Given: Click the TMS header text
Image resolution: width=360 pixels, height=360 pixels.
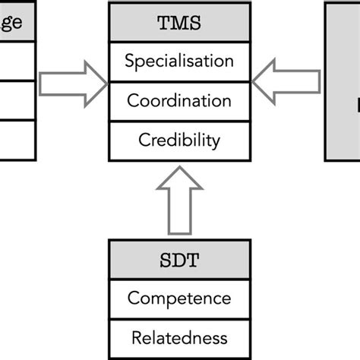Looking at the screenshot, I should coord(179,22).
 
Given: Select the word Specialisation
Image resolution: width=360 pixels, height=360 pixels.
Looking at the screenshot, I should coord(179,61).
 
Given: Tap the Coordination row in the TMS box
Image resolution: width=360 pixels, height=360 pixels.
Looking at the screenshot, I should coord(179,101).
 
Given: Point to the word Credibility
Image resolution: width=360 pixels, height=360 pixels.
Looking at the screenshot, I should coord(179,141).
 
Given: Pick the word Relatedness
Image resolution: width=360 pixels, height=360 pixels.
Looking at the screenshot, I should coord(179,336).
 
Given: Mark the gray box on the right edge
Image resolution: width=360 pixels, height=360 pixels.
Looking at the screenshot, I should coord(343,81).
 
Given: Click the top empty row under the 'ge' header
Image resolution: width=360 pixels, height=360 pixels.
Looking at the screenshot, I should coord(15,61).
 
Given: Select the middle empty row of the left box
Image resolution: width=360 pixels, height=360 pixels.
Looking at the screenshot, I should coord(15,101).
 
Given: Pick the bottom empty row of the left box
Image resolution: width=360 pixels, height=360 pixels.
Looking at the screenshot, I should coord(15,141).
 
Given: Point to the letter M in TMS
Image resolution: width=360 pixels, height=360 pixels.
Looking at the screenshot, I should coord(179,22).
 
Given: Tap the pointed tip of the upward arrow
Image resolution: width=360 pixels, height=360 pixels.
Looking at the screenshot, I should coord(179,169).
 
